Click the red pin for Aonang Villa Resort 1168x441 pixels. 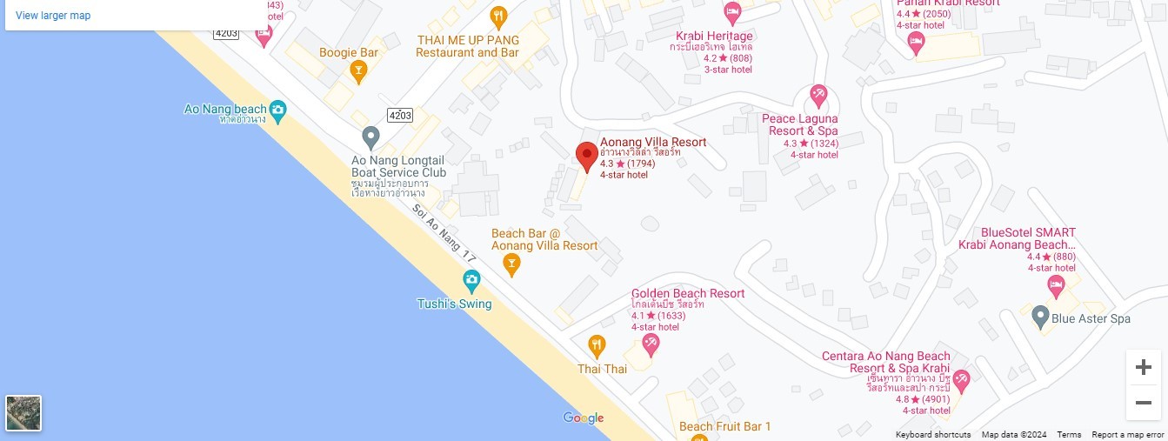click(586, 156)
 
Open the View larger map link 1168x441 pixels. click(53, 16)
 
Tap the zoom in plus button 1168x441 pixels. click(1143, 367)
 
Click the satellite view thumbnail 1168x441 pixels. click(23, 413)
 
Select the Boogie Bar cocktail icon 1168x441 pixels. click(357, 70)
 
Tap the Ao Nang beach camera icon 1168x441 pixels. click(277, 110)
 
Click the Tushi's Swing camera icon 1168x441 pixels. click(471, 280)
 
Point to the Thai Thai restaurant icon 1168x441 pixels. click(597, 345)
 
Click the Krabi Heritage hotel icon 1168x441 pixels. click(732, 13)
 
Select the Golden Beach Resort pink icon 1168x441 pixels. click(651, 344)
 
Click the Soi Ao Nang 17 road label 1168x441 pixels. click(445, 234)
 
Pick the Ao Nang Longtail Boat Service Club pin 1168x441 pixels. click(371, 137)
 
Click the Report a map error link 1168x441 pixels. click(1127, 435)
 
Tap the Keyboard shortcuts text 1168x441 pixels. click(933, 435)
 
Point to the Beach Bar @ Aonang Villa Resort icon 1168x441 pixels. click(512, 263)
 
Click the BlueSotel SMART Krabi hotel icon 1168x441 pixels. click(1056, 285)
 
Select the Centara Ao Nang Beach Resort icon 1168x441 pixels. click(961, 379)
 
